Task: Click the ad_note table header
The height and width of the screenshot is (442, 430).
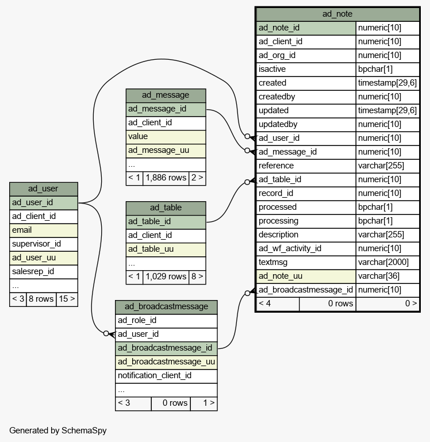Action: pyautogui.click(x=337, y=14)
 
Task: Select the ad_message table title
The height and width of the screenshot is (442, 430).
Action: pyautogui.click(x=166, y=95)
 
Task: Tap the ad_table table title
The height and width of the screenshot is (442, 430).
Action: pyautogui.click(x=166, y=208)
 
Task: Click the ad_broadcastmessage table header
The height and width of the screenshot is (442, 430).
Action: pyautogui.click(x=166, y=307)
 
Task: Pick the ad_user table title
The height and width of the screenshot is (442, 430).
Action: pyautogui.click(x=44, y=189)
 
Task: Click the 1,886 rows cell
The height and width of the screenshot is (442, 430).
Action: pyautogui.click(x=166, y=178)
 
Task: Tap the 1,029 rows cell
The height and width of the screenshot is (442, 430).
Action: pyautogui.click(x=166, y=276)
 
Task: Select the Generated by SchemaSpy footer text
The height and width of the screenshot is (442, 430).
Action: pyautogui.click(x=58, y=431)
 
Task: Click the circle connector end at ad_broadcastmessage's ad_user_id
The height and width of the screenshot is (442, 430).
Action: pyautogui.click(x=106, y=333)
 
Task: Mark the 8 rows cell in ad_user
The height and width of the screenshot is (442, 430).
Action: pyautogui.click(x=41, y=299)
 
